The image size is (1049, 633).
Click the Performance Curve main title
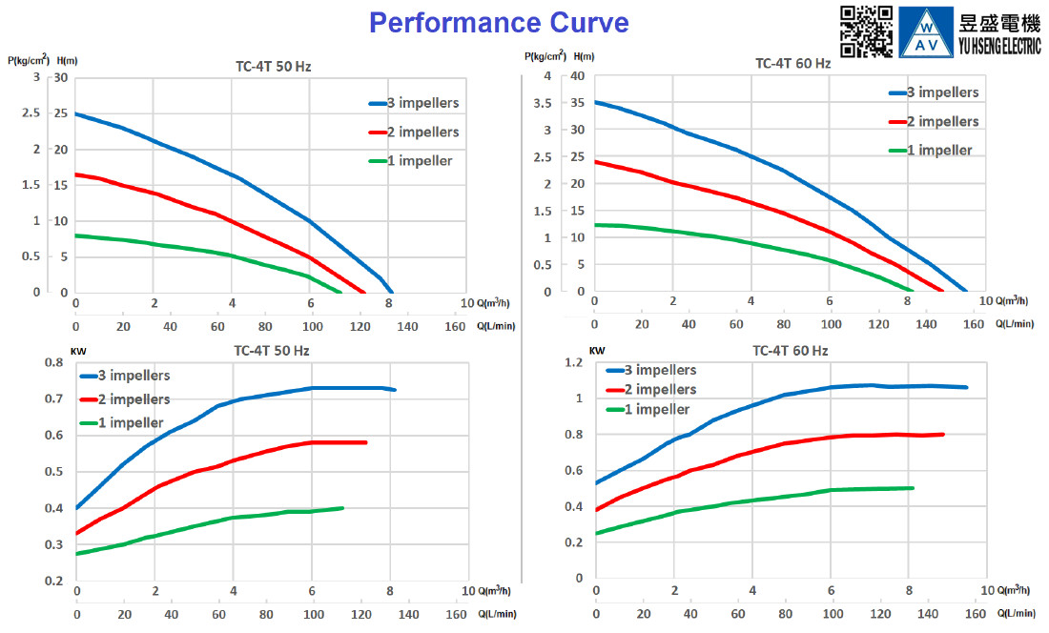tap(499, 23)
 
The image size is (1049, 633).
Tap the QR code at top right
tap(866, 31)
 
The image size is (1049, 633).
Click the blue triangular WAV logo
tap(926, 32)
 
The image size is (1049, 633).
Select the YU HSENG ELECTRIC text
tap(999, 46)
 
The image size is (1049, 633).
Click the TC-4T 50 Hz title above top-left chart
tap(273, 67)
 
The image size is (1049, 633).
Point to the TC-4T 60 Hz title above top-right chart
tap(792, 64)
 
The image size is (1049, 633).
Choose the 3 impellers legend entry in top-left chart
tap(414, 103)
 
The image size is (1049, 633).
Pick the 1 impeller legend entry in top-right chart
tap(931, 151)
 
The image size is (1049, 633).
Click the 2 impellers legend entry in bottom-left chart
tap(125, 399)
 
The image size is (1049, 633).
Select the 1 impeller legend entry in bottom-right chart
tap(648, 409)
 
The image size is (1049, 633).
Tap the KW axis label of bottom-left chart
tap(78, 351)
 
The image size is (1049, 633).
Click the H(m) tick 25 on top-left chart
tap(61, 112)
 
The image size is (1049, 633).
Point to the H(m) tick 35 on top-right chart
tap(577, 103)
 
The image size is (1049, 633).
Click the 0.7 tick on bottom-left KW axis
tap(54, 399)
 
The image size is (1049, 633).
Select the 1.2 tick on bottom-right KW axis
tap(574, 362)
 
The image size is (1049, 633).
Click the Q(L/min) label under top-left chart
tap(497, 326)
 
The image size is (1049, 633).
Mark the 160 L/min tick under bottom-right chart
tap(976, 614)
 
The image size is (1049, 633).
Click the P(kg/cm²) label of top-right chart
tap(545, 56)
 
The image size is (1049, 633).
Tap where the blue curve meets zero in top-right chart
tap(965, 291)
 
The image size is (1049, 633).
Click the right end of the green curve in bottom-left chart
tap(342, 508)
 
